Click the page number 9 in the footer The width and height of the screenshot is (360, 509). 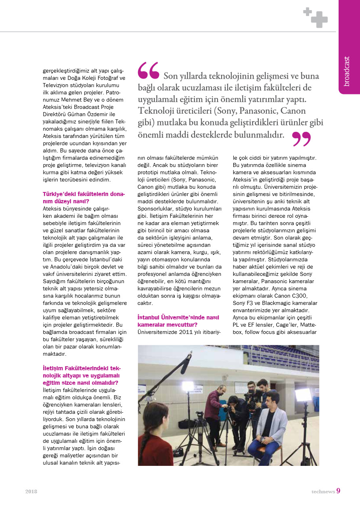point(338,491)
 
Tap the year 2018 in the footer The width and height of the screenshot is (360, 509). point(31,492)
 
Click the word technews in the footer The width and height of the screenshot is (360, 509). point(323,491)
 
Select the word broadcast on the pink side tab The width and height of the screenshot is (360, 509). point(347,71)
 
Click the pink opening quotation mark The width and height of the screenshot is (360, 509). point(149,70)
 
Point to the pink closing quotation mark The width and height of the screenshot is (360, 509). point(301,139)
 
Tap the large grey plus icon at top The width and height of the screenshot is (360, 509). point(319,19)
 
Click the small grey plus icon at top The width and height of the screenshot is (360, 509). point(307,12)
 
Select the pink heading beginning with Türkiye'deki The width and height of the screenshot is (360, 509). point(84,197)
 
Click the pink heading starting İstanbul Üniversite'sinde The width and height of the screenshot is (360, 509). point(178,321)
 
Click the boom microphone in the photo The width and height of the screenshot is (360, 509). point(185,365)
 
